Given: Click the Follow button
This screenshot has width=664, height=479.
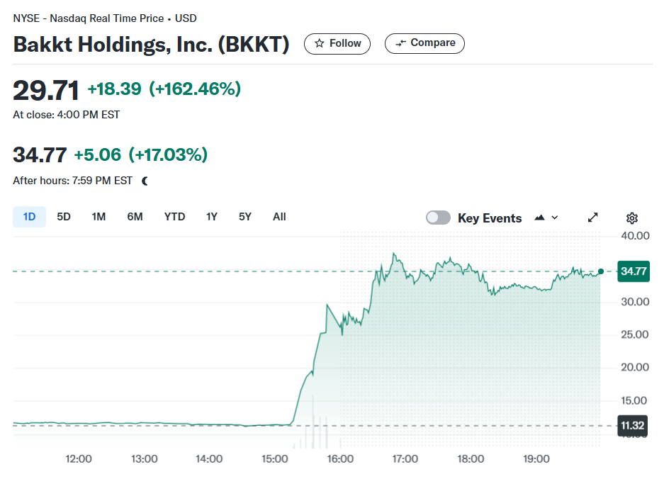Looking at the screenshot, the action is [337, 44].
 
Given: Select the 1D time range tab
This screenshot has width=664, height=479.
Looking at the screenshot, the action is [29, 217].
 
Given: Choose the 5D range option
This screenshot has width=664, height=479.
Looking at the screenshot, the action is [64, 217].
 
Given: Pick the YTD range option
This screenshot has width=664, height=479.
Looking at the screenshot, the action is [174, 217].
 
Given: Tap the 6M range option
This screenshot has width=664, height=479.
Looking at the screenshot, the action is [135, 217].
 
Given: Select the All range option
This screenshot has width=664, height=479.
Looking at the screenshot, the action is [279, 217].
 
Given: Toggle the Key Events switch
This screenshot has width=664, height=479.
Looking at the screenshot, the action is [438, 218].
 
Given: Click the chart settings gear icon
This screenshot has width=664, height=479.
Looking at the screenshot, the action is [632, 218].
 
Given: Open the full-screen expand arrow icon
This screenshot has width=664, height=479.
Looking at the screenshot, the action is [593, 218].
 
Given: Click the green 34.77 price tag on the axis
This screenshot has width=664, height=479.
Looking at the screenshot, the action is [634, 271].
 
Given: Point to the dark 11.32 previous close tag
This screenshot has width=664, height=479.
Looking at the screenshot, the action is [632, 426].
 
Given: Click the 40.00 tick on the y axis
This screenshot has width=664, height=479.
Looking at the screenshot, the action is [635, 236].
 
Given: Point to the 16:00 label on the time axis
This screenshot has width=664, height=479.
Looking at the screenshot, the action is [340, 458].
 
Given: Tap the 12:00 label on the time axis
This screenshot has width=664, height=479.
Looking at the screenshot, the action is [79, 458].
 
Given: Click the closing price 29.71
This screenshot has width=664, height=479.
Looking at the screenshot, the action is [46, 90].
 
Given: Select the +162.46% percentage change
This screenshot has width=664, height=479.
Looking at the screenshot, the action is [195, 89].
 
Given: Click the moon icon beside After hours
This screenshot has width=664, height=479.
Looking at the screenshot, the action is [145, 181].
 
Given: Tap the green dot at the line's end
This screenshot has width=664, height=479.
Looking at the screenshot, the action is [600, 271].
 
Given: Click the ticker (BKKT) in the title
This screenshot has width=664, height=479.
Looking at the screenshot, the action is [253, 45].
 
